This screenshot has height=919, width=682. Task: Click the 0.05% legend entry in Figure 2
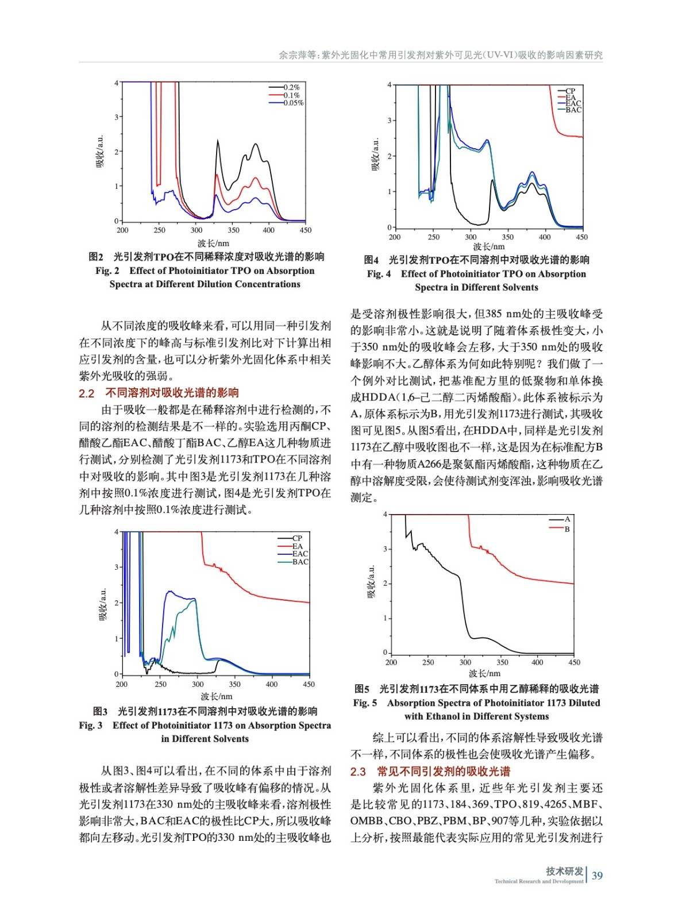(293, 103)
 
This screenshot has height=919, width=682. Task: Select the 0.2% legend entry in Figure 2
(291, 87)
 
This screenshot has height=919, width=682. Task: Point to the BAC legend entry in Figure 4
(573, 110)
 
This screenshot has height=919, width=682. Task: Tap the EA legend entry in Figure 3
(297, 546)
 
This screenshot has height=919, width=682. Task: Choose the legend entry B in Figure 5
(567, 529)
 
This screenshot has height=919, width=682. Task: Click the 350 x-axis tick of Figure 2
(233, 230)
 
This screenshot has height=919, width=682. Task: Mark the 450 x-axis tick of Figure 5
(574, 662)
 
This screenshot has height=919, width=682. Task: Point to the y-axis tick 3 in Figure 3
(116, 567)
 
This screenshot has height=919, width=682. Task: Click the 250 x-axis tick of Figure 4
(434, 237)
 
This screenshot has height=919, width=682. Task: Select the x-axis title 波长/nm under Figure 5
(484, 673)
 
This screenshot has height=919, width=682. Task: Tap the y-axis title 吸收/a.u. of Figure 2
(101, 151)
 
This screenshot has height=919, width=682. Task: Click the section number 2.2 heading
(86, 393)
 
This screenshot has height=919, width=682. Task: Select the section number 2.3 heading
(358, 772)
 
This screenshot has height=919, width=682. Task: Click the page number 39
(597, 875)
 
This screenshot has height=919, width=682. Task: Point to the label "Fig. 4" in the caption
(379, 274)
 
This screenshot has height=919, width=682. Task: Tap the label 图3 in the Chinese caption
(100, 711)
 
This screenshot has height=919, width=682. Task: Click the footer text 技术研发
(564, 871)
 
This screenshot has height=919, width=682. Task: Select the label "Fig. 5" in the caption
(365, 703)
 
